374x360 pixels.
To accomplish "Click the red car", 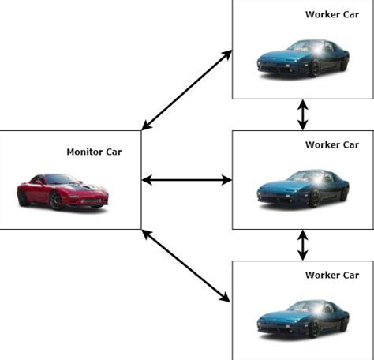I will [x=62, y=190].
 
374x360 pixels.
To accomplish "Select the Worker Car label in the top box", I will [x=331, y=14].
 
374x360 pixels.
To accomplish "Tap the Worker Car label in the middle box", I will [x=331, y=144].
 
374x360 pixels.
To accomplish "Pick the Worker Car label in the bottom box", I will [x=331, y=275].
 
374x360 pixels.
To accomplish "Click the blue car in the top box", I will [x=303, y=58].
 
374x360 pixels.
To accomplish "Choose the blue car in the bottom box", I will [x=303, y=319].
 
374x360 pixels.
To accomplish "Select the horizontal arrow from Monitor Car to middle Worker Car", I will [x=186, y=181].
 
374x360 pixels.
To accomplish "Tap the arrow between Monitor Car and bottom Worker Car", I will [x=186, y=265].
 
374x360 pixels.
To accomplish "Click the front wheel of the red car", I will [x=56, y=201].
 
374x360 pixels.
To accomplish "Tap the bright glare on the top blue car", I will [x=314, y=48].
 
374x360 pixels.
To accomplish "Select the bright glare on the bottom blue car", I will [x=314, y=309].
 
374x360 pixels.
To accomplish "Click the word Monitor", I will [x=82, y=152].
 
